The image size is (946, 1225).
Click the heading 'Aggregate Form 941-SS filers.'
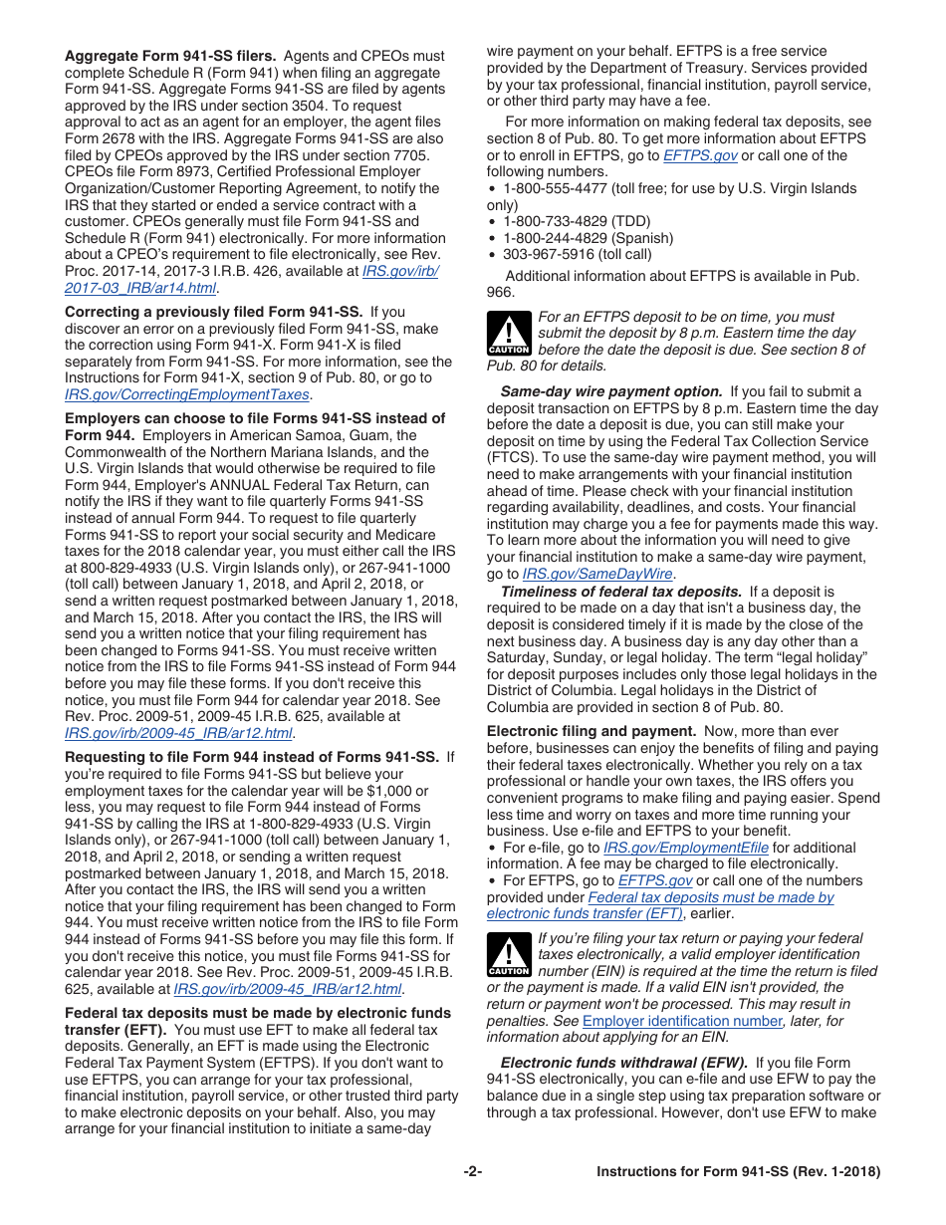tap(170, 56)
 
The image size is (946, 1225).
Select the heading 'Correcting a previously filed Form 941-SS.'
tap(213, 312)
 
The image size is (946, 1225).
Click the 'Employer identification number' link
tap(682, 1021)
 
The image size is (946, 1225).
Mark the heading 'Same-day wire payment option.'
tap(611, 391)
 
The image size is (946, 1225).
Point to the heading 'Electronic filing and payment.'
tap(591, 731)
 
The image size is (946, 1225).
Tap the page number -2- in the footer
tap(473, 1172)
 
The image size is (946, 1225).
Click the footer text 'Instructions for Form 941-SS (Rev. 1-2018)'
tap(738, 1172)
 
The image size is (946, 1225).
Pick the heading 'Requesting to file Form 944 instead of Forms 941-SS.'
tap(252, 757)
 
